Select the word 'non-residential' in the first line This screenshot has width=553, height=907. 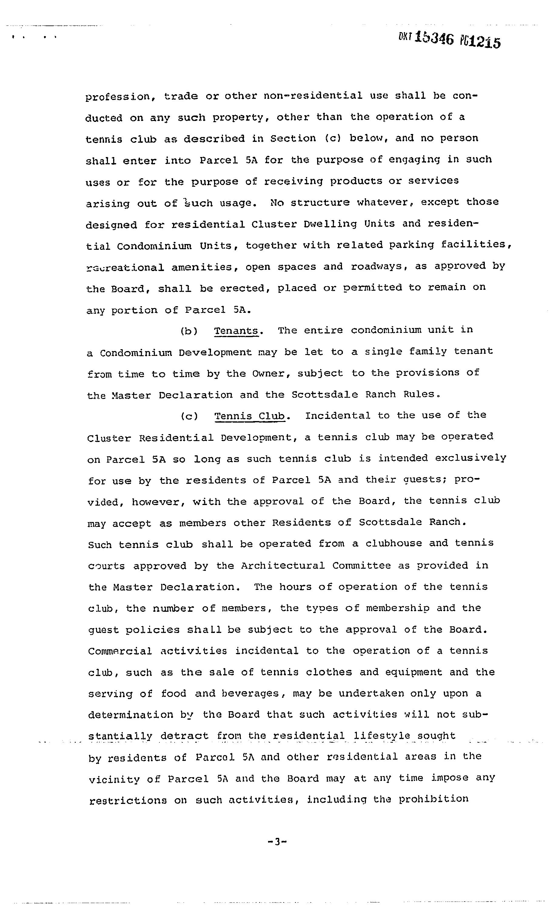pyautogui.click(x=313, y=96)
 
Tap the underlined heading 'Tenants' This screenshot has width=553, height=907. pyautogui.click(x=236, y=330)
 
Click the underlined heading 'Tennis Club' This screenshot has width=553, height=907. pyautogui.click(x=250, y=416)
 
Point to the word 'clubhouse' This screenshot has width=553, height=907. pyautogui.click(x=394, y=544)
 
